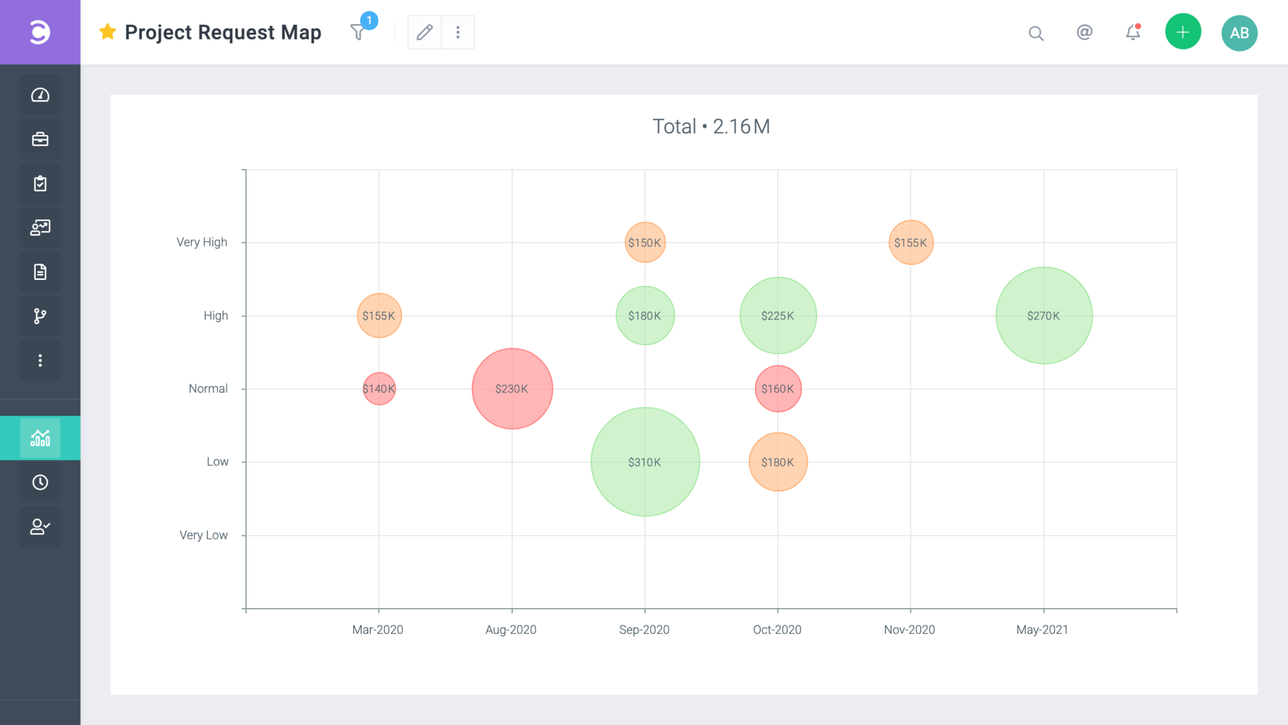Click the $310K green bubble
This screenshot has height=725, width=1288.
pos(645,462)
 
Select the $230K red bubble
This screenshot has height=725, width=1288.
pos(512,389)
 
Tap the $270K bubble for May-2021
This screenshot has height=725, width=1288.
pos(1043,316)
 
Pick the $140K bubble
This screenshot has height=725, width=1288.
pos(379,389)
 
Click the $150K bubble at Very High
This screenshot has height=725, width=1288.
pos(645,243)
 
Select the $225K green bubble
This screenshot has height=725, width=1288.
pos(777,316)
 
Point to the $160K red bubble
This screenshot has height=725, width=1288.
pos(777,389)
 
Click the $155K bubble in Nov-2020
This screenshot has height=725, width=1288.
pos(910,243)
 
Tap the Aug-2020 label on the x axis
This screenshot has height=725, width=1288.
pos(511,629)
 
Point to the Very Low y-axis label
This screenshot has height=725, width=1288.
pos(203,535)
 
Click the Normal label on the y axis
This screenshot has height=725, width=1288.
pos(208,389)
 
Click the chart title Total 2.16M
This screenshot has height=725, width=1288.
pos(711,126)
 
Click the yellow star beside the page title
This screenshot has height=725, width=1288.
pos(107,32)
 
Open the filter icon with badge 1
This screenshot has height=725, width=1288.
pos(358,32)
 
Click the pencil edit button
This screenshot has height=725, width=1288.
pos(424,32)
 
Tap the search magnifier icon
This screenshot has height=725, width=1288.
pos(1036,33)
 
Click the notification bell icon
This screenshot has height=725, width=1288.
pos(1133,32)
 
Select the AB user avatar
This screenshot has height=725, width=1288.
pos(1239,33)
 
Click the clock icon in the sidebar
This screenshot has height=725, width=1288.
pos(40,482)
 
